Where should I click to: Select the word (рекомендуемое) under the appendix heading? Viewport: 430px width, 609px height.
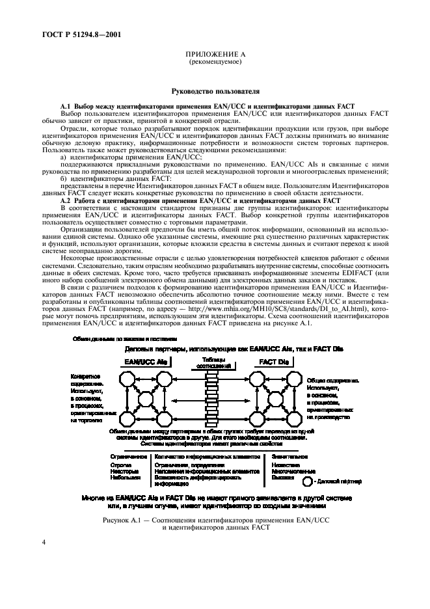click(215, 62)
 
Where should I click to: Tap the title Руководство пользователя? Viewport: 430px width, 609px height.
click(215, 93)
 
